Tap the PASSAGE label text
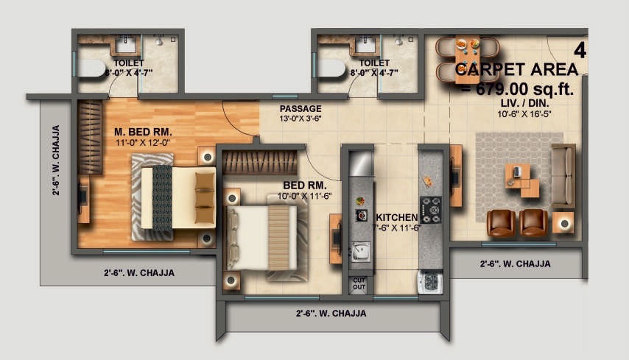(x=300, y=109)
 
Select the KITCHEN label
(x=397, y=218)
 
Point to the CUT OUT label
(x=359, y=284)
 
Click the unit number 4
(x=580, y=51)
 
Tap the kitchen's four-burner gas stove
(x=430, y=209)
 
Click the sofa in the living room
(x=563, y=175)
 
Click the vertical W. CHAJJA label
(x=56, y=160)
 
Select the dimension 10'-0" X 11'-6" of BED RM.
(x=304, y=197)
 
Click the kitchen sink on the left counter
(x=360, y=252)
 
